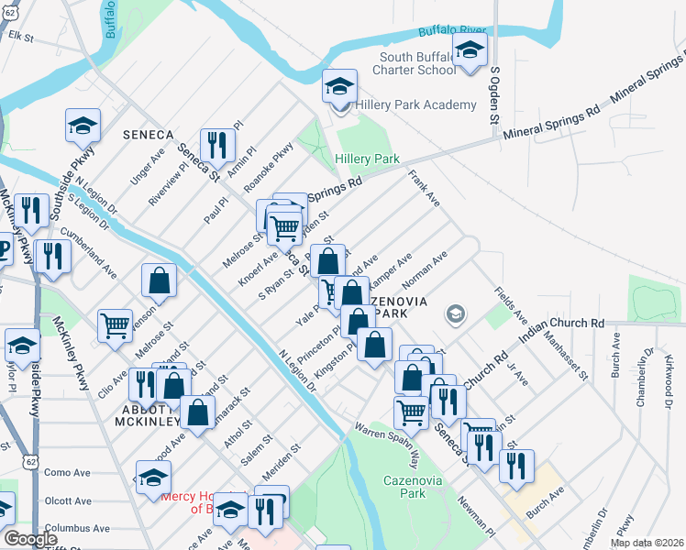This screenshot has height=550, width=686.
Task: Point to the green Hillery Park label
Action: [367, 159]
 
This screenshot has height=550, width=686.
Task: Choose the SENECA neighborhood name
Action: [148, 135]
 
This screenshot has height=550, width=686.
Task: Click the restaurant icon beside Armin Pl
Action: [217, 144]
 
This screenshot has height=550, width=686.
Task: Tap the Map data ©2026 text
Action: [647, 543]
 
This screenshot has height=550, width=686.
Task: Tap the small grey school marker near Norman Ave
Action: [454, 315]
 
